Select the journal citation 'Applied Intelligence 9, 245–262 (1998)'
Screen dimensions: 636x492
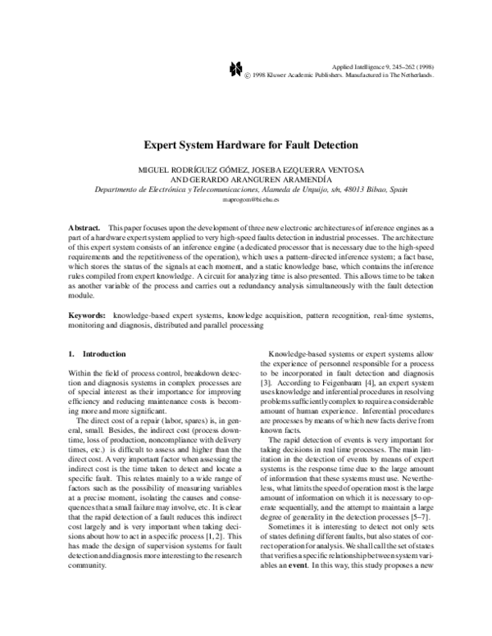pyautogui.click(x=381, y=65)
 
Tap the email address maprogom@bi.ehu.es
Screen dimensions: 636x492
pyautogui.click(x=246, y=199)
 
